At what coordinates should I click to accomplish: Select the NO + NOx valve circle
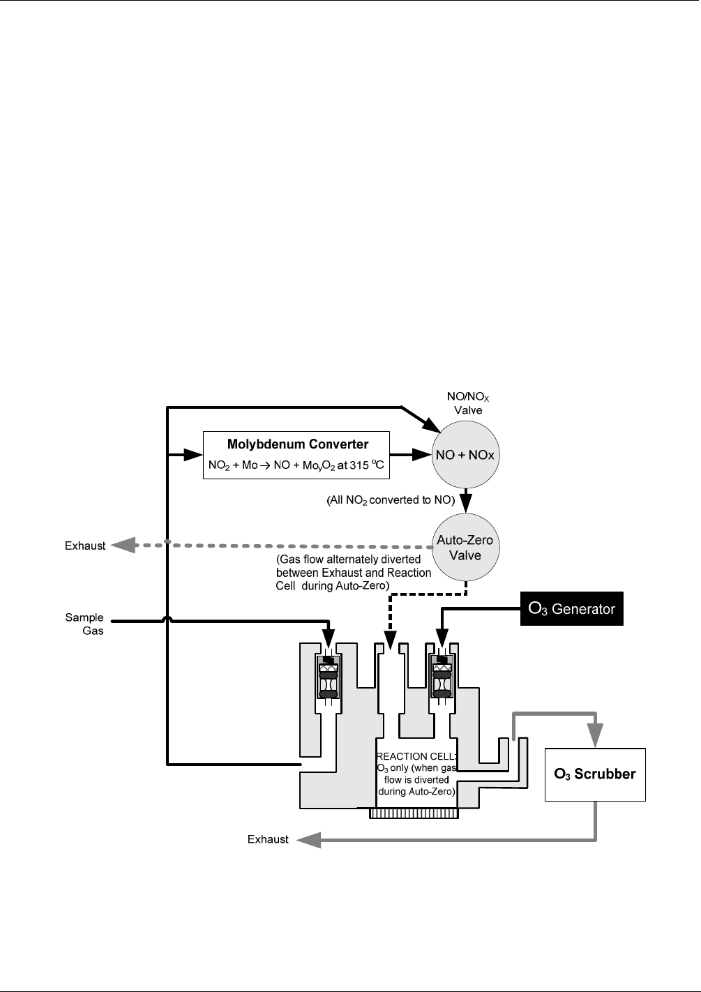[x=465, y=455]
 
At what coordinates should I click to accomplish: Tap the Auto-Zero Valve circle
[x=465, y=548]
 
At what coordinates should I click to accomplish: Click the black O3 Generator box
[x=572, y=609]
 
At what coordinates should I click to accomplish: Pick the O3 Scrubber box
[x=594, y=774]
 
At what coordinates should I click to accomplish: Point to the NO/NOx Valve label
[x=468, y=403]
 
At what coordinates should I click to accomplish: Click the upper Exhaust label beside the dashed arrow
[x=85, y=546]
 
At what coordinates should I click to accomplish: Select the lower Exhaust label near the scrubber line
[x=268, y=839]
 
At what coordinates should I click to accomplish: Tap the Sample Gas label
[x=85, y=624]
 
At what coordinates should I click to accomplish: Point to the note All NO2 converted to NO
[x=391, y=500]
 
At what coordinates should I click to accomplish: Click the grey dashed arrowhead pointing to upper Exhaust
[x=123, y=545]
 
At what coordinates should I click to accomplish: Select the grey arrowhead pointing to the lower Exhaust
[x=308, y=840]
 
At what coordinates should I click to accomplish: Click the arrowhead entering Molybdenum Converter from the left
[x=193, y=455]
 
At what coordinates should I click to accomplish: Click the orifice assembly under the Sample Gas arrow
[x=328, y=676]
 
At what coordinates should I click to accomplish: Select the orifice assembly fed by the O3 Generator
[x=442, y=676]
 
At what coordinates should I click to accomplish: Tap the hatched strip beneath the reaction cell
[x=413, y=813]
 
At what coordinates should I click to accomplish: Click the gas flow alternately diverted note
[x=353, y=573]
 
